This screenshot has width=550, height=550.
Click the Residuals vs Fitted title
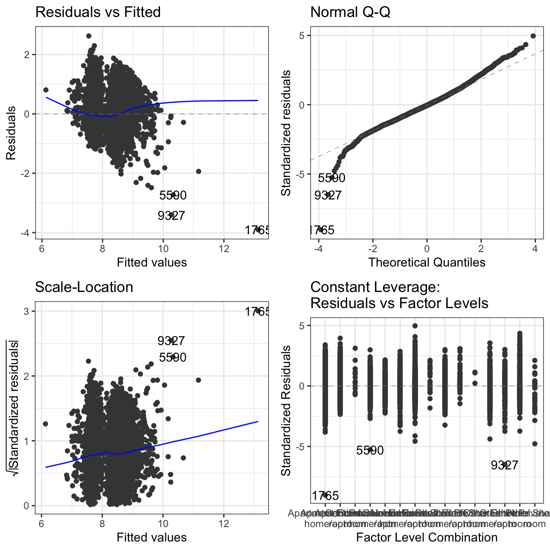tap(98, 12)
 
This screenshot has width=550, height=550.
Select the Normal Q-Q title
tap(350, 12)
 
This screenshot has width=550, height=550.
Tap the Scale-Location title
tap(84, 287)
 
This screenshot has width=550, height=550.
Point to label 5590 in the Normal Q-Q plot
tap(331, 178)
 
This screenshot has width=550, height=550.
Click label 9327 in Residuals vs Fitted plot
tap(171, 216)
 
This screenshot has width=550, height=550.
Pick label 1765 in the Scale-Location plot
tap(257, 312)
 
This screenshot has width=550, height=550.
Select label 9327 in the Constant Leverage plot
tap(504, 465)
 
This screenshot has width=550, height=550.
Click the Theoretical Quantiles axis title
tap(427, 262)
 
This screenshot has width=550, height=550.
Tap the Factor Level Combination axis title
tap(427, 537)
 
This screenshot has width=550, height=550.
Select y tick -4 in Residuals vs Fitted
tap(26, 233)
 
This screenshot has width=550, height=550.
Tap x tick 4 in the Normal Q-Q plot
tap(535, 248)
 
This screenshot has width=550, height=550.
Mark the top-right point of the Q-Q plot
tap(533, 36)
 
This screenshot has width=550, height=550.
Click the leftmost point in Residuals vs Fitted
tap(46, 90)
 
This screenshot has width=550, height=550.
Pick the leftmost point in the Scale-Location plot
tap(45, 424)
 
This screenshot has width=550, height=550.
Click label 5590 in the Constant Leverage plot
tap(370, 450)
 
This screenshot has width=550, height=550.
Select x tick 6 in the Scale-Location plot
tap(41, 523)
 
